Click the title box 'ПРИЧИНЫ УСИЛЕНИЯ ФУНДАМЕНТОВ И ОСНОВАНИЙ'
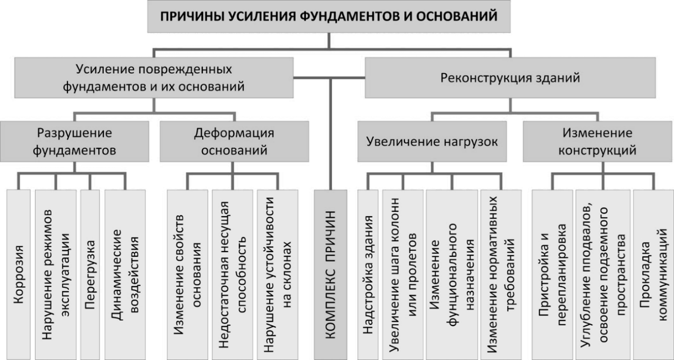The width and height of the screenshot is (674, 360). coord(329,16)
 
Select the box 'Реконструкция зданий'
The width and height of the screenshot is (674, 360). coord(510,78)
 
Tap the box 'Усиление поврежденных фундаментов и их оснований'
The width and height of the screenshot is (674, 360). coord(154,78)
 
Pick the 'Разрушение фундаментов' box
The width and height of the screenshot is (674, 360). coord(74,142)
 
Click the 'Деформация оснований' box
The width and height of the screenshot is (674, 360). coord(234,142)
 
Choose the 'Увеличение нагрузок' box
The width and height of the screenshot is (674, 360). coord(432,142)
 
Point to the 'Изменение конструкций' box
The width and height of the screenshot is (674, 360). coord(598,142)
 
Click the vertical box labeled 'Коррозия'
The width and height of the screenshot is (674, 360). coord(18,274)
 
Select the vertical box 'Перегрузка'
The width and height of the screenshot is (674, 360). coord(90,274)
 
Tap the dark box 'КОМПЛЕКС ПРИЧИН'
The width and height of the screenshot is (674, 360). coord(331,274)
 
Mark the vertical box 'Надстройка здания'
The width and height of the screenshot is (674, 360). coord(368,274)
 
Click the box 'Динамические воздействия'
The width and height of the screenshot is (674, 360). coord(125,274)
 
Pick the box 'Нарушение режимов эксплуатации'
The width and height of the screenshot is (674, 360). coord(55,274)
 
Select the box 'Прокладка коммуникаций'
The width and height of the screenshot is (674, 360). coord(654,274)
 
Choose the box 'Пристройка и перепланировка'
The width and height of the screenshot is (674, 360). coord(552,274)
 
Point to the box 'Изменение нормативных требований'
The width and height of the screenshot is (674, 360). coord(501,274)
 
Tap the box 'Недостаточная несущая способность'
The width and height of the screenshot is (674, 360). coord(233,274)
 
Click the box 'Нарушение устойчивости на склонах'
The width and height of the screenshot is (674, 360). coord(278,274)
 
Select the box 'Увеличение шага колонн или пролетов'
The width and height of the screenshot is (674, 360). coord(403,274)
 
